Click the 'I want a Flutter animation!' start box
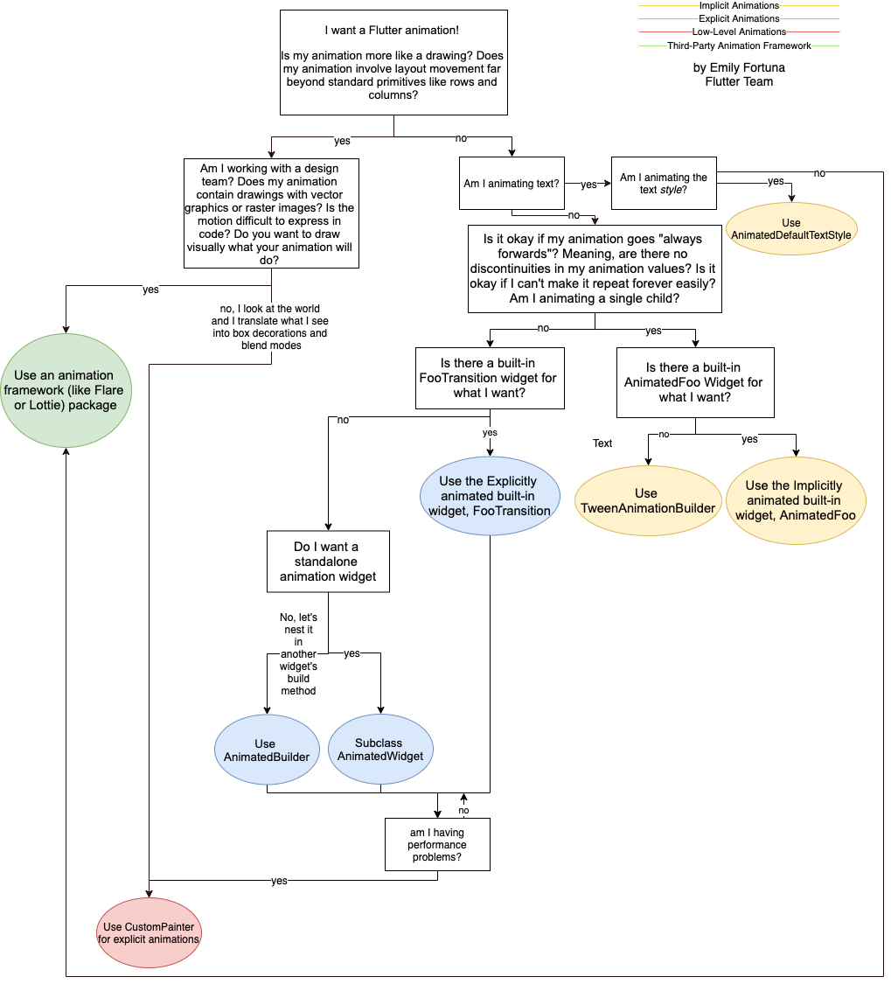(393, 62)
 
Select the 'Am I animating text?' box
(512, 184)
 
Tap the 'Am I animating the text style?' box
(664, 184)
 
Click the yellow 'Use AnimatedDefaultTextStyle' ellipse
(791, 229)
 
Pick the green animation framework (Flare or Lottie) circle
(66, 390)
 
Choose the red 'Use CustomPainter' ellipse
(150, 932)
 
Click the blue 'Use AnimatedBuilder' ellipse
(266, 750)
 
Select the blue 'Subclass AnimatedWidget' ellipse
(380, 750)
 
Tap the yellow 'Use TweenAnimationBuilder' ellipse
(646, 500)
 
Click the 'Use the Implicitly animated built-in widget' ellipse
(795, 500)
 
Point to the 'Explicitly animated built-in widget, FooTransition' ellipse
(489, 496)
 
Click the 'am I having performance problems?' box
(437, 844)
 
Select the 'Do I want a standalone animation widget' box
(328, 562)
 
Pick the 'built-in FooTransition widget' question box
(490, 378)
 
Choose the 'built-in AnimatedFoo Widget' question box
(695, 382)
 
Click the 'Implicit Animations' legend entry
(739, 6)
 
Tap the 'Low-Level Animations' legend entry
(739, 32)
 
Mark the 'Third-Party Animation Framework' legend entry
(739, 45)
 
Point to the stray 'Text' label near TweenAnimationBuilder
(602, 443)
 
